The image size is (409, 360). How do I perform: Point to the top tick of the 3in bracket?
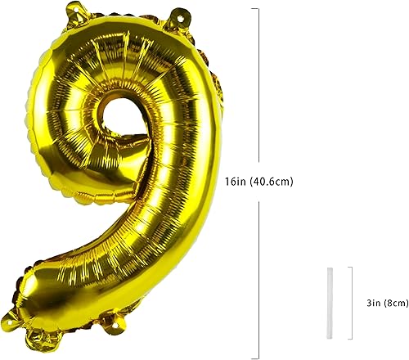[x=351, y=267]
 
